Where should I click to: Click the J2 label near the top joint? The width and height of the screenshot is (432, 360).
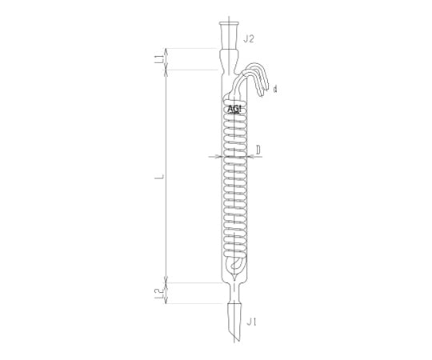click(248, 39)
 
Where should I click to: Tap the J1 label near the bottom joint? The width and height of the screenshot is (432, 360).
click(251, 322)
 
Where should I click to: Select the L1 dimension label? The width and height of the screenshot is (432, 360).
click(158, 59)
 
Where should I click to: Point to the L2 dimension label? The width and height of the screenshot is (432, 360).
click(158, 294)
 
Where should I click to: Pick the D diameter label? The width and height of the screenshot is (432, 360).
click(258, 150)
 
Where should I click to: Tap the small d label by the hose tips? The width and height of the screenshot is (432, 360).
click(275, 90)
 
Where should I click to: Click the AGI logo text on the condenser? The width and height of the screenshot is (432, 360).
click(234, 110)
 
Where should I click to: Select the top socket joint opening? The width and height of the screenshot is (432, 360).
click(230, 23)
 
